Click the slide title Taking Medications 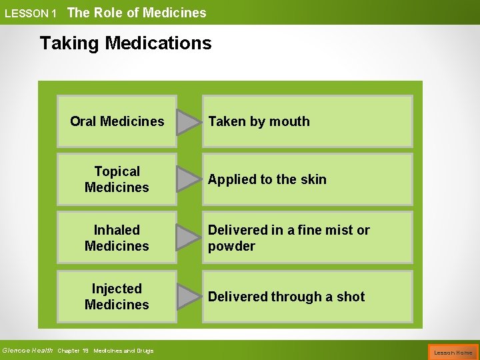(x=125, y=43)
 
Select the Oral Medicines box (x=117, y=121)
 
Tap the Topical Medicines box (x=117, y=179)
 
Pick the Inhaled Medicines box (x=117, y=238)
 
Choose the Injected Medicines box (x=117, y=297)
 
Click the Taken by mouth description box (x=307, y=121)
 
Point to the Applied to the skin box (x=307, y=179)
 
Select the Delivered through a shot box (x=307, y=297)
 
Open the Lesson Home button (x=453, y=352)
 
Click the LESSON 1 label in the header (x=30, y=13)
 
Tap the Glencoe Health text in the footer (x=27, y=351)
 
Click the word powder (x=231, y=247)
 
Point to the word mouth (x=289, y=121)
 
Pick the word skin (x=313, y=179)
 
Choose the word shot (x=351, y=297)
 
